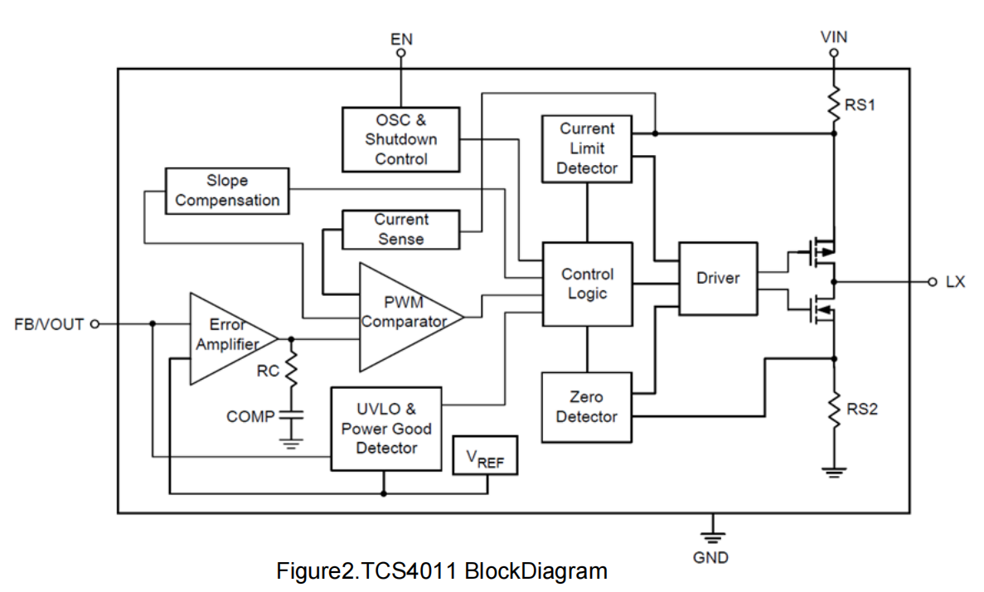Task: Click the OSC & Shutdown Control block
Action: [401, 139]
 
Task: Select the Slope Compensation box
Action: [227, 191]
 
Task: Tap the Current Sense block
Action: [401, 230]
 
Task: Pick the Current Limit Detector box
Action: [587, 149]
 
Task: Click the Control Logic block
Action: [587, 284]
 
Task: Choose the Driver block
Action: [718, 279]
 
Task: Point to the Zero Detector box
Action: [586, 407]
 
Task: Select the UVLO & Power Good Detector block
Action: [386, 429]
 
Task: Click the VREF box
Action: [485, 458]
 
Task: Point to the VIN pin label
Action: [834, 37]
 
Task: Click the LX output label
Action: [955, 282]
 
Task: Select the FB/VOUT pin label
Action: [49, 324]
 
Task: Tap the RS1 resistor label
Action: [860, 105]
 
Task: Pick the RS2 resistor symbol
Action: [834, 408]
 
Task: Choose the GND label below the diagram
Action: [710, 557]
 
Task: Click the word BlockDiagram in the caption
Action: [536, 571]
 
